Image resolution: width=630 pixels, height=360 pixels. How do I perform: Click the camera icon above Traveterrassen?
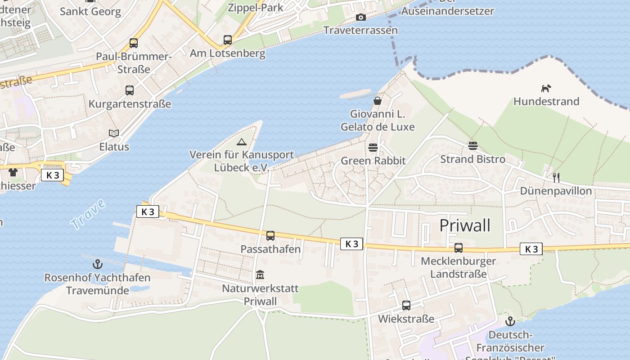pyautogui.click(x=360, y=18)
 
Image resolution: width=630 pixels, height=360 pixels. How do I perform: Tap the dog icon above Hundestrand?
pyautogui.click(x=546, y=88)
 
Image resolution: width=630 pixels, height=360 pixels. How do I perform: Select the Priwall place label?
pyautogui.click(x=464, y=225)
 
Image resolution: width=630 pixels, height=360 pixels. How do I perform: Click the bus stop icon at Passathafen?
pyautogui.click(x=270, y=235)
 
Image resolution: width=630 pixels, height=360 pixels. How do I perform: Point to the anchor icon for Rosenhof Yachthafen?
pyautogui.click(x=97, y=264)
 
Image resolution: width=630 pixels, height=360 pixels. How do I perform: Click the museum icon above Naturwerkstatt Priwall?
pyautogui.click(x=260, y=274)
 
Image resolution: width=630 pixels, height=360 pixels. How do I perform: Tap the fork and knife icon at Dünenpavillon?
pyautogui.click(x=556, y=177)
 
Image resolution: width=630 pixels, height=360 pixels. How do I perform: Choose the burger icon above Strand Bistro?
pyautogui.click(x=472, y=145)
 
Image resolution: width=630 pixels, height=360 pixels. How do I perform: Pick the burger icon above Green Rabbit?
pyautogui.click(x=373, y=147)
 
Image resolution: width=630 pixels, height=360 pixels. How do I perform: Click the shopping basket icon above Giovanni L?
pyautogui.click(x=378, y=101)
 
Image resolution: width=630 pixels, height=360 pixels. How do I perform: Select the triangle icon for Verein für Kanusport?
pyautogui.click(x=242, y=142)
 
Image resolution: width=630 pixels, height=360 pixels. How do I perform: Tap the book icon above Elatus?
pyautogui.click(x=114, y=133)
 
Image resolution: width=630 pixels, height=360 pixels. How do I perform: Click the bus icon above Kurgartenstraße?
pyautogui.click(x=130, y=90)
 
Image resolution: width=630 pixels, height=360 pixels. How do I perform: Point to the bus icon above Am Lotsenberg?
pyautogui.click(x=228, y=40)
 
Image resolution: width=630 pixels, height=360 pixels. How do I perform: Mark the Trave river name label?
pyautogui.click(x=88, y=214)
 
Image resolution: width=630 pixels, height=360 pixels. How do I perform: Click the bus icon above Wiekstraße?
pyautogui.click(x=406, y=306)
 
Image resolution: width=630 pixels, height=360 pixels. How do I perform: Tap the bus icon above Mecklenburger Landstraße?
pyautogui.click(x=458, y=247)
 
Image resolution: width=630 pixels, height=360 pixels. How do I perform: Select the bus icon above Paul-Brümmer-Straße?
pyautogui.click(x=134, y=43)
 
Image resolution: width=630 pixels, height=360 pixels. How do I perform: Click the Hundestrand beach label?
pyautogui.click(x=546, y=101)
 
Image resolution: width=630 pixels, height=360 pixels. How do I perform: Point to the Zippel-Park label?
pyautogui.click(x=255, y=7)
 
